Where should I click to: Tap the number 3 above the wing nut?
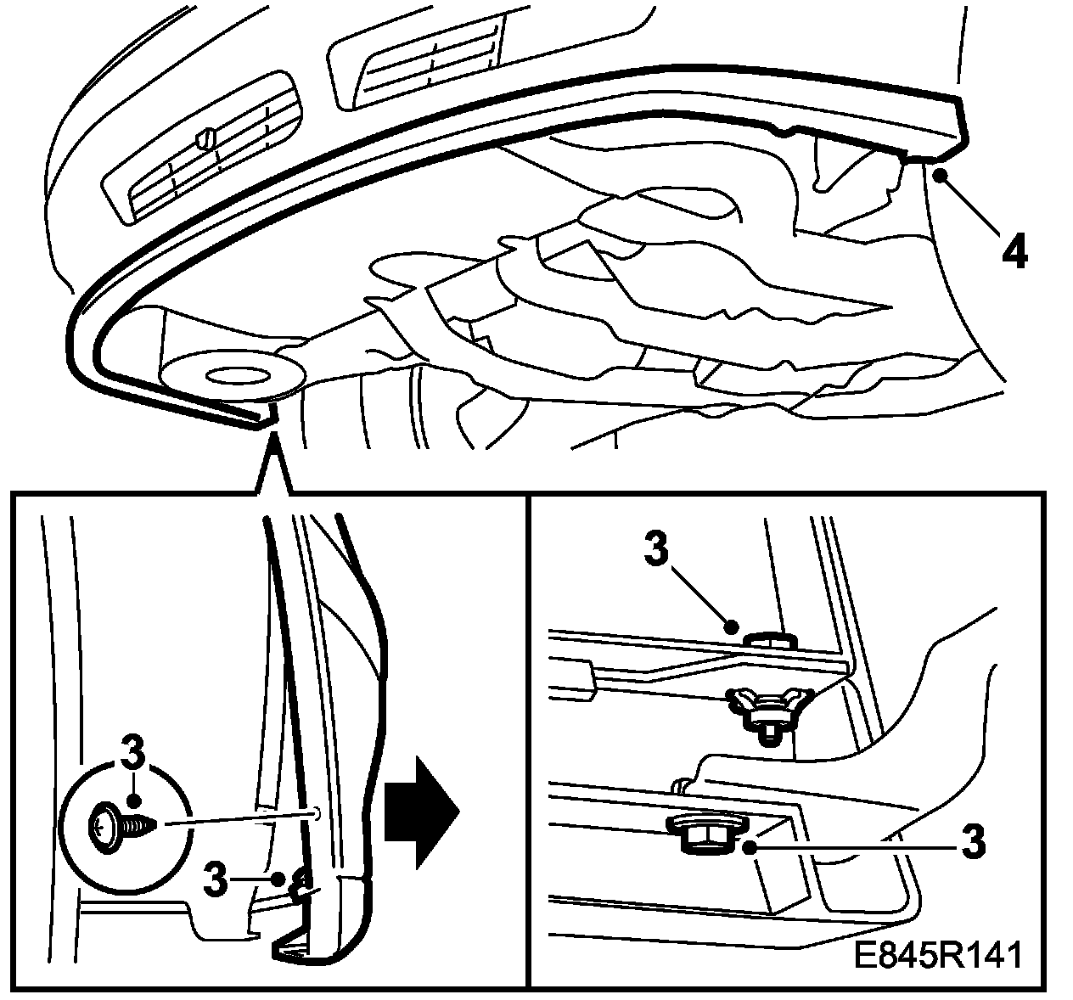tap(656, 551)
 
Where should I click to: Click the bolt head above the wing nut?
tap(768, 638)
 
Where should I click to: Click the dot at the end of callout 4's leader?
tap(940, 176)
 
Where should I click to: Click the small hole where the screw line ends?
tap(315, 813)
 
